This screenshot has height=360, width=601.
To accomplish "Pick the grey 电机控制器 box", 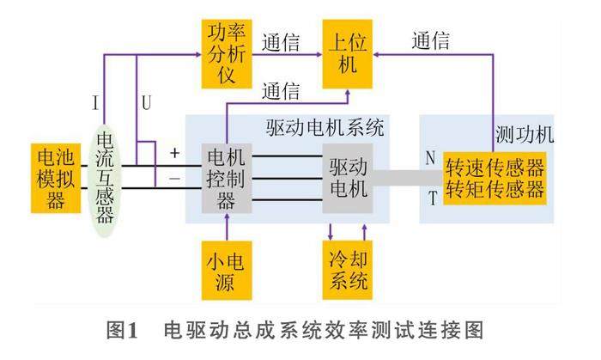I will pyautogui.click(x=226, y=179).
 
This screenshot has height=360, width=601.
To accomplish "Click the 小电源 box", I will pyautogui.click(x=227, y=268).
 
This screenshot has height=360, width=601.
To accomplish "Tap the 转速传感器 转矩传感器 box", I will pyautogui.click(x=495, y=178).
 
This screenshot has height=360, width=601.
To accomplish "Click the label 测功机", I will pyautogui.click(x=525, y=136).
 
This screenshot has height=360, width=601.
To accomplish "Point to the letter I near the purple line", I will pyautogui.click(x=94, y=103).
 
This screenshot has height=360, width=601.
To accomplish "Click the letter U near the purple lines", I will pyautogui.click(x=146, y=103).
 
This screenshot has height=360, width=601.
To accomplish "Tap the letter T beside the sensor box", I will pyautogui.click(x=431, y=198).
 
